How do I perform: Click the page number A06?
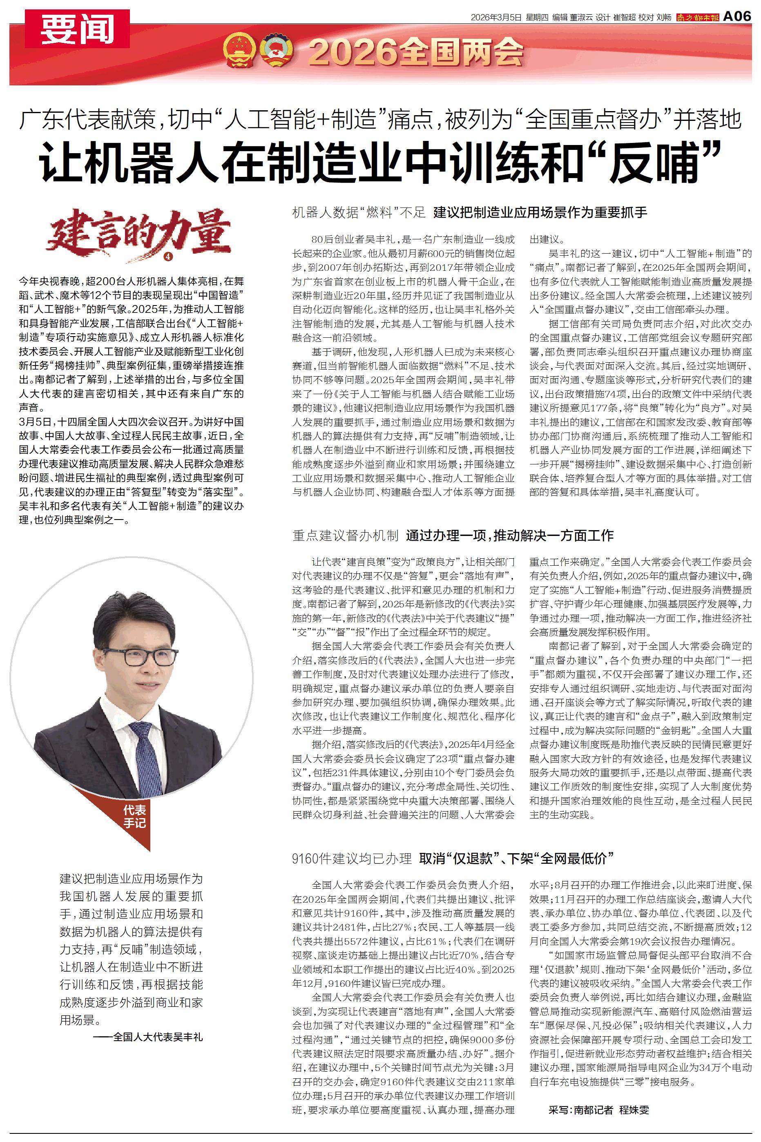[x=737, y=16]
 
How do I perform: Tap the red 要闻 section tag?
[x=77, y=29]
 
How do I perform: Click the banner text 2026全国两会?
[x=416, y=52]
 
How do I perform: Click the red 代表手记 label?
[x=134, y=816]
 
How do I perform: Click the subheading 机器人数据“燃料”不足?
[x=359, y=212]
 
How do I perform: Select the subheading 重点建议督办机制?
[x=345, y=535]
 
